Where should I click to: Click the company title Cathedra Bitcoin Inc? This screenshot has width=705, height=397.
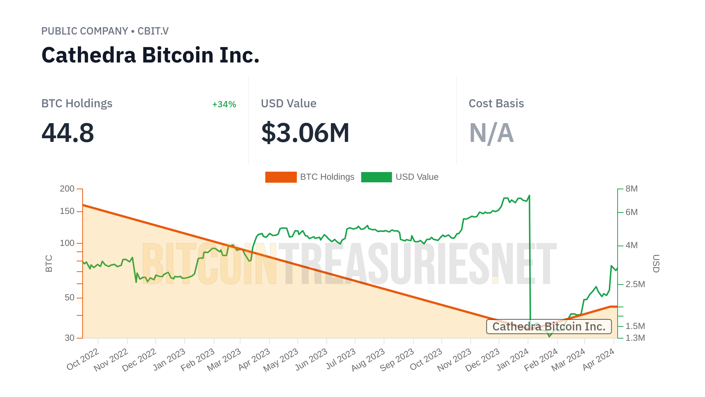click(151, 55)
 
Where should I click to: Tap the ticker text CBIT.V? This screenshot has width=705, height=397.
click(153, 31)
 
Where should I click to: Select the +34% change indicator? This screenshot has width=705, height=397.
click(224, 104)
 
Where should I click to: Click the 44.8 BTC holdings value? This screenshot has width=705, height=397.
click(68, 133)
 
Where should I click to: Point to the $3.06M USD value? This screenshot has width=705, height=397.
click(305, 133)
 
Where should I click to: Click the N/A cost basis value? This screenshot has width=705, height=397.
click(491, 133)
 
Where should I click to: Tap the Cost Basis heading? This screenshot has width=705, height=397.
click(496, 104)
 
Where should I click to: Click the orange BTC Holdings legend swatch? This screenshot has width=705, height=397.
click(281, 177)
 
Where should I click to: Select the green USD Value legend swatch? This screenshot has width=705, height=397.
click(376, 177)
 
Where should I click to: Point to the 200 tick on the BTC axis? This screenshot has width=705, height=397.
click(67, 189)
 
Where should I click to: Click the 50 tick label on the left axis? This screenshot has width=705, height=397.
click(70, 298)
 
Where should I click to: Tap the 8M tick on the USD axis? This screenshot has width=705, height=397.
click(632, 189)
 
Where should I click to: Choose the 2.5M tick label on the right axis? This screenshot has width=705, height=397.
click(635, 285)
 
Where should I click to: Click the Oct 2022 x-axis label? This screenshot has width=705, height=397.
click(83, 359)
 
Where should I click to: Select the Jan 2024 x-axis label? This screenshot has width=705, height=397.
click(513, 359)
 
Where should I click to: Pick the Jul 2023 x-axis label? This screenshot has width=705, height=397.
click(341, 359)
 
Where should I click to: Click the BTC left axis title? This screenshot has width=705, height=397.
click(49, 264)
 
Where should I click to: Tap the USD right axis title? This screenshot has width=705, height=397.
click(656, 264)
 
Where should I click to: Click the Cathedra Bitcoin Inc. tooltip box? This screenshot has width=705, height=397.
click(549, 326)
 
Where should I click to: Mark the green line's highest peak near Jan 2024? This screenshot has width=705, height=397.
click(529, 196)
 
